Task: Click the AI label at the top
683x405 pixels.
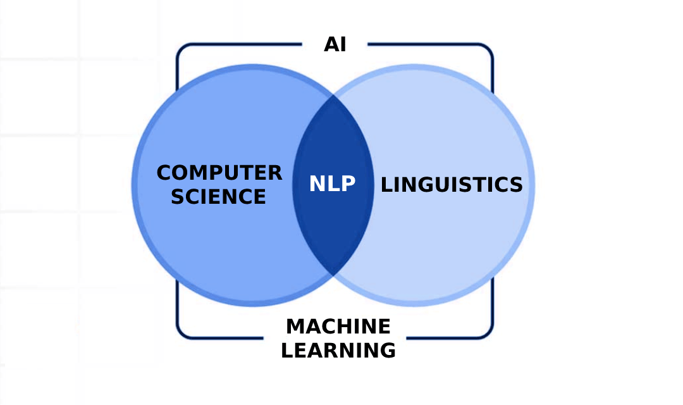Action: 335,45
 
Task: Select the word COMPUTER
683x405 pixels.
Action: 219,173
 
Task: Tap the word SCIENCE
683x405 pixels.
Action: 219,196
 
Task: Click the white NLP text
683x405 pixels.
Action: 333,184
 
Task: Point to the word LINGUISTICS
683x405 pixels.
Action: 452,184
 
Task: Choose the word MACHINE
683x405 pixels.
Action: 338,327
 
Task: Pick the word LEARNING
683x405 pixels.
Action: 338,350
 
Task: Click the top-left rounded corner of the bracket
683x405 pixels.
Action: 180,48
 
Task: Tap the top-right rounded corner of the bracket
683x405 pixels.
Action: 488,48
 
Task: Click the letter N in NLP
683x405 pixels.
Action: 317,184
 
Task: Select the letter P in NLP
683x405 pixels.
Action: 348,184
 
